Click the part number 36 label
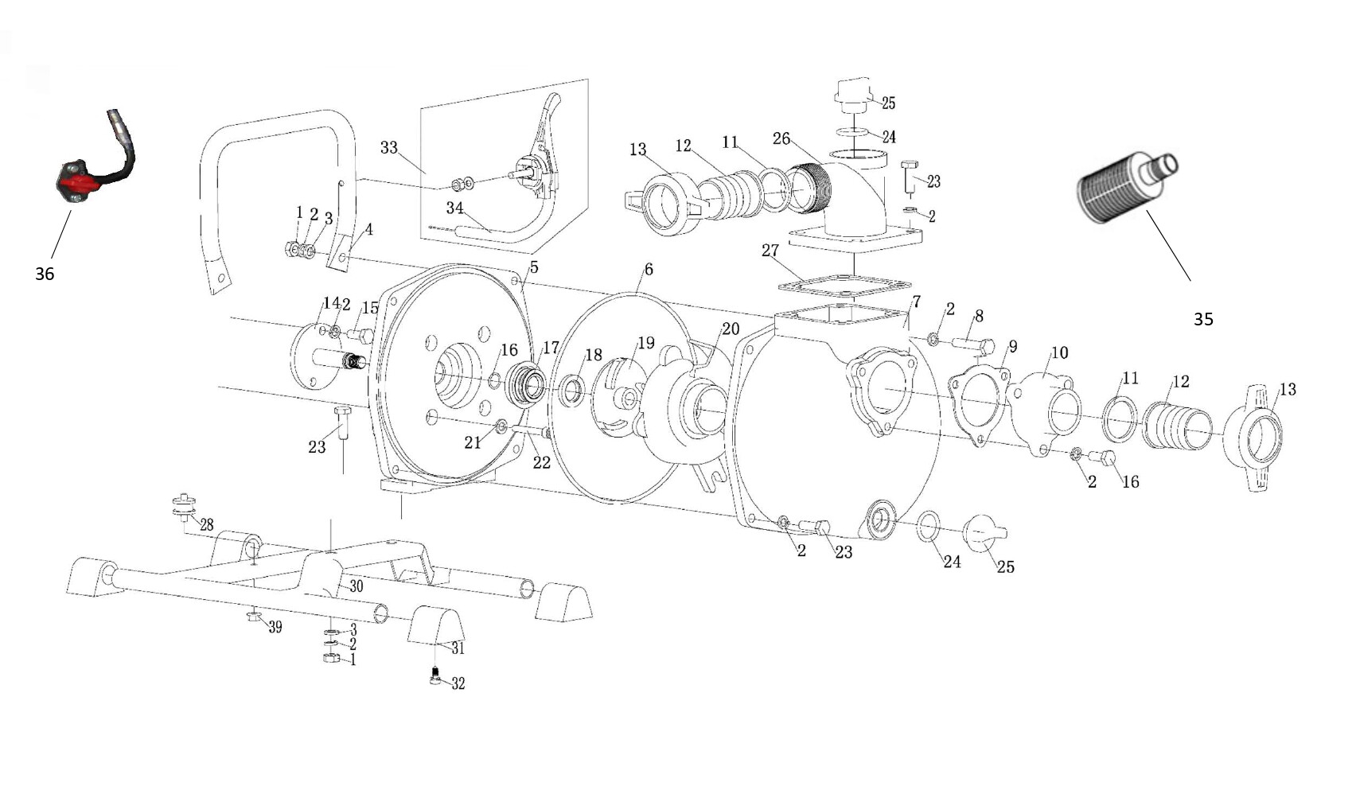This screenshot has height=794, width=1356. tap(45, 274)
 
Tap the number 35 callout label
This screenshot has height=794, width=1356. tap(1203, 320)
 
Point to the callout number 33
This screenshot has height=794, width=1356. tap(389, 147)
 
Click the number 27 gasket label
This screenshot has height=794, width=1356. tap(770, 250)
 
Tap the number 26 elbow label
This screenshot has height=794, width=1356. tap(781, 138)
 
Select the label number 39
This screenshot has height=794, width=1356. tap(275, 628)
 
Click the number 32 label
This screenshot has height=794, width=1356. tap(458, 684)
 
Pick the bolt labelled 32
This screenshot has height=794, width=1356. tap(435, 675)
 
